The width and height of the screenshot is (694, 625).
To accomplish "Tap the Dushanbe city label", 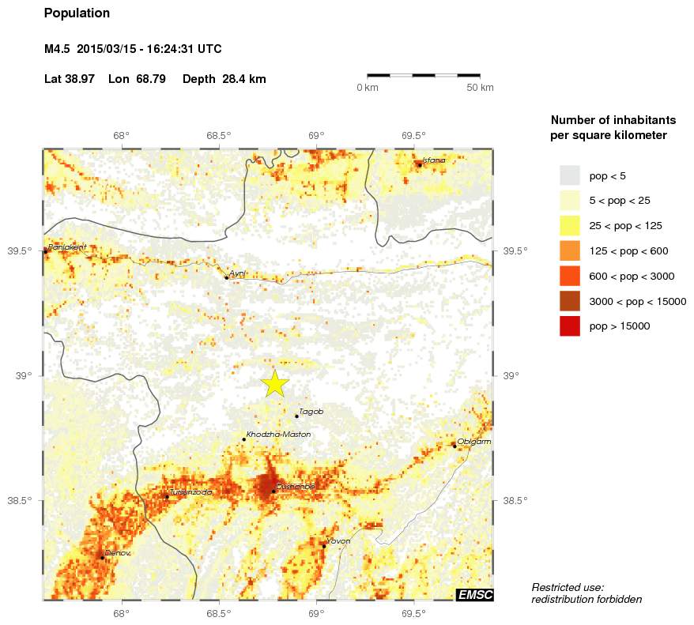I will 295,486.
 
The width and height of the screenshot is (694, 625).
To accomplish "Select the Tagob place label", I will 311,411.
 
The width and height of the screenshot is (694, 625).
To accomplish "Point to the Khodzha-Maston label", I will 278,435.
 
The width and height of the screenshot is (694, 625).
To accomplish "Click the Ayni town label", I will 237,273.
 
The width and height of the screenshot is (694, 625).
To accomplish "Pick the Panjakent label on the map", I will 67,247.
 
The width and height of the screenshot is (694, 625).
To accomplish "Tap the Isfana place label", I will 435,160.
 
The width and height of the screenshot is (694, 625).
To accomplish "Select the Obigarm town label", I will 474,442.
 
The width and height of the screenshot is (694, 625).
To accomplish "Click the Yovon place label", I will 338,541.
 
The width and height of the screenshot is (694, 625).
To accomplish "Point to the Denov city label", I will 118,553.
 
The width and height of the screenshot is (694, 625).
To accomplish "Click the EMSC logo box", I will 474,595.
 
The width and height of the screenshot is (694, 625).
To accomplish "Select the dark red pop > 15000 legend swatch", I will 569,326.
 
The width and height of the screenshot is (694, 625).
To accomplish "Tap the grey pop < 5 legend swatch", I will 569,175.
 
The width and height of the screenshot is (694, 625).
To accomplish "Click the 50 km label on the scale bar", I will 480,87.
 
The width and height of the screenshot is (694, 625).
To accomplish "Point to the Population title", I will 77,13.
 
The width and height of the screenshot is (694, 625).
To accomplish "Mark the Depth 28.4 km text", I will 224,80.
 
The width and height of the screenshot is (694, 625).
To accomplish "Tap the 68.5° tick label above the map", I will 218,135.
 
